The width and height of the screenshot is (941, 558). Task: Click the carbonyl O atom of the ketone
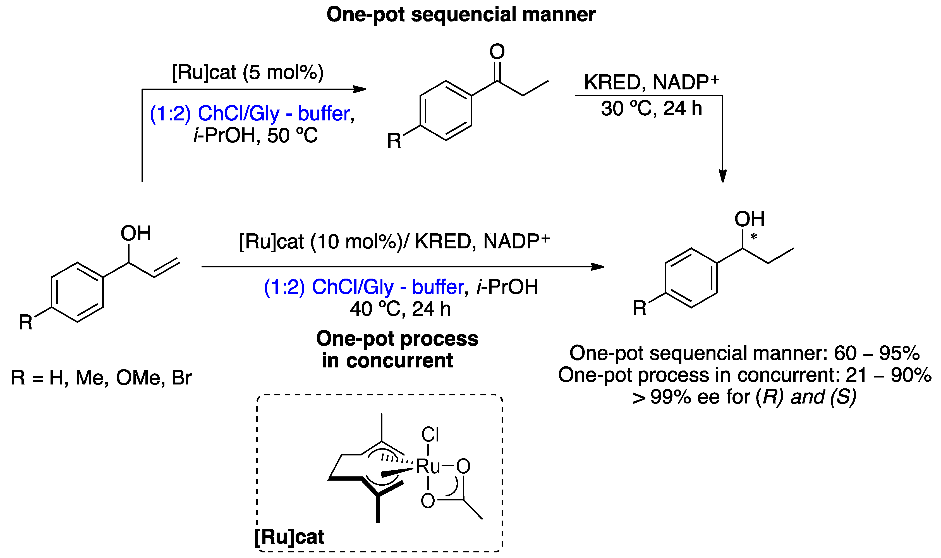(497, 51)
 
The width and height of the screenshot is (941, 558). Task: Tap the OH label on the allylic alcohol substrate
(136, 234)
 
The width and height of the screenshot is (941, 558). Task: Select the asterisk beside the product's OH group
(753, 237)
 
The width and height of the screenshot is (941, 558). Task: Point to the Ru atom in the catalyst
(428, 467)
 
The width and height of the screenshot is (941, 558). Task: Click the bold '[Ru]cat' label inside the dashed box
(289, 536)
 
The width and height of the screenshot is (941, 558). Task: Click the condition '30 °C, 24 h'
(651, 109)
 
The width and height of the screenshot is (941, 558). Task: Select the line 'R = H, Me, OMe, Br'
(101, 377)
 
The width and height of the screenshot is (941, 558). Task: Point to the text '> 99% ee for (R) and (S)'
(744, 397)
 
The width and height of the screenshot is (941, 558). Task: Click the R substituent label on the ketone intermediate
(394, 141)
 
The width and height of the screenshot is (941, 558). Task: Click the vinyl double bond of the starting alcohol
(167, 268)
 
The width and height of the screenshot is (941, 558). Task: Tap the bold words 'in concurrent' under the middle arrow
(387, 361)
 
